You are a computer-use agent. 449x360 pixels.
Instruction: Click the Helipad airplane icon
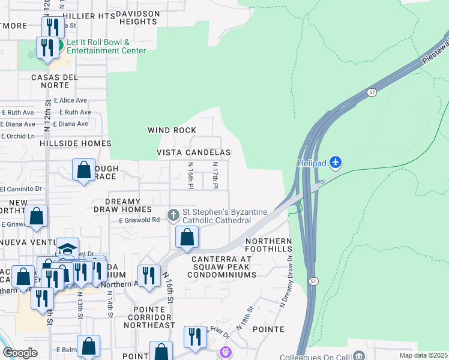coord(336,163)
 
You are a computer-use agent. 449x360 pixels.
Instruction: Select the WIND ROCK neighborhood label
coord(172,130)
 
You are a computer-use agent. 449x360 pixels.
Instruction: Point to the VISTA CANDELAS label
coord(194,153)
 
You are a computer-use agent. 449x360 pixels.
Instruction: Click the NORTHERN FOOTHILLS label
coord(268,245)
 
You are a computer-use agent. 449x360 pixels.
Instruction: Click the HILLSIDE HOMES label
coord(76,144)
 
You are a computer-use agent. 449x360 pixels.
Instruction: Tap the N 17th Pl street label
coord(215,175)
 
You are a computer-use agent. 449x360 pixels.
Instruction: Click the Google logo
coord(20,353)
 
